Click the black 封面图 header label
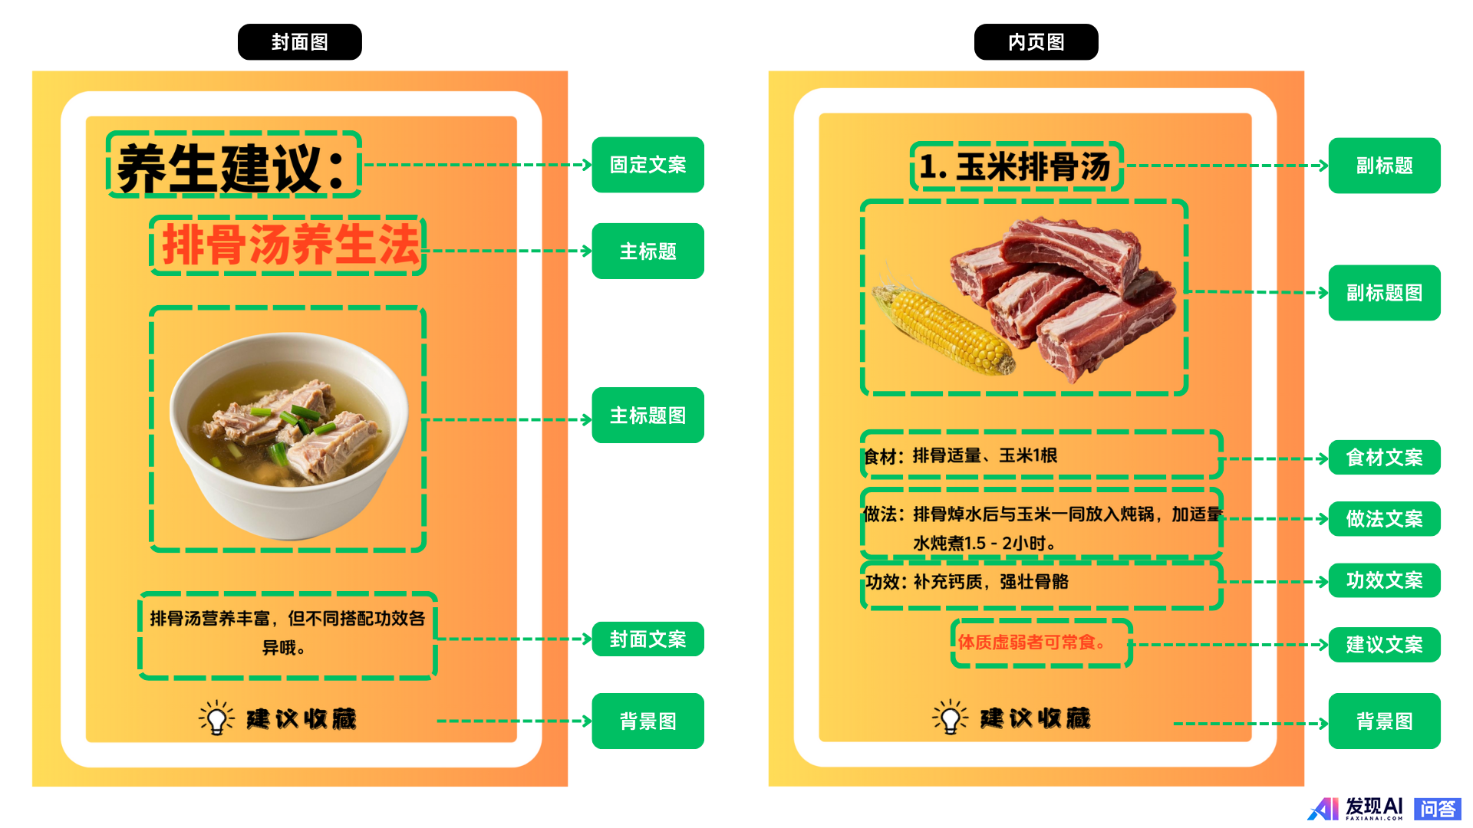299,42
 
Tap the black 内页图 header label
1036,42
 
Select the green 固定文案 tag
648,165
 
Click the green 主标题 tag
648,251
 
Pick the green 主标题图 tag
648,415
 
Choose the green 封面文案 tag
648,639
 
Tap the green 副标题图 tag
1384,293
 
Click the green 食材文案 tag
1384,458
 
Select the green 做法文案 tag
1384,519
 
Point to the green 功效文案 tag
1384,580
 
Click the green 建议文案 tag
1384,645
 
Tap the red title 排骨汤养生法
290,245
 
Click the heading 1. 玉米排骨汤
1015,166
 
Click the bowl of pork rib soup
288,433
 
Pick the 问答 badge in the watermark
1437,809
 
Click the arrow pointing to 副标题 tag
1226,166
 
